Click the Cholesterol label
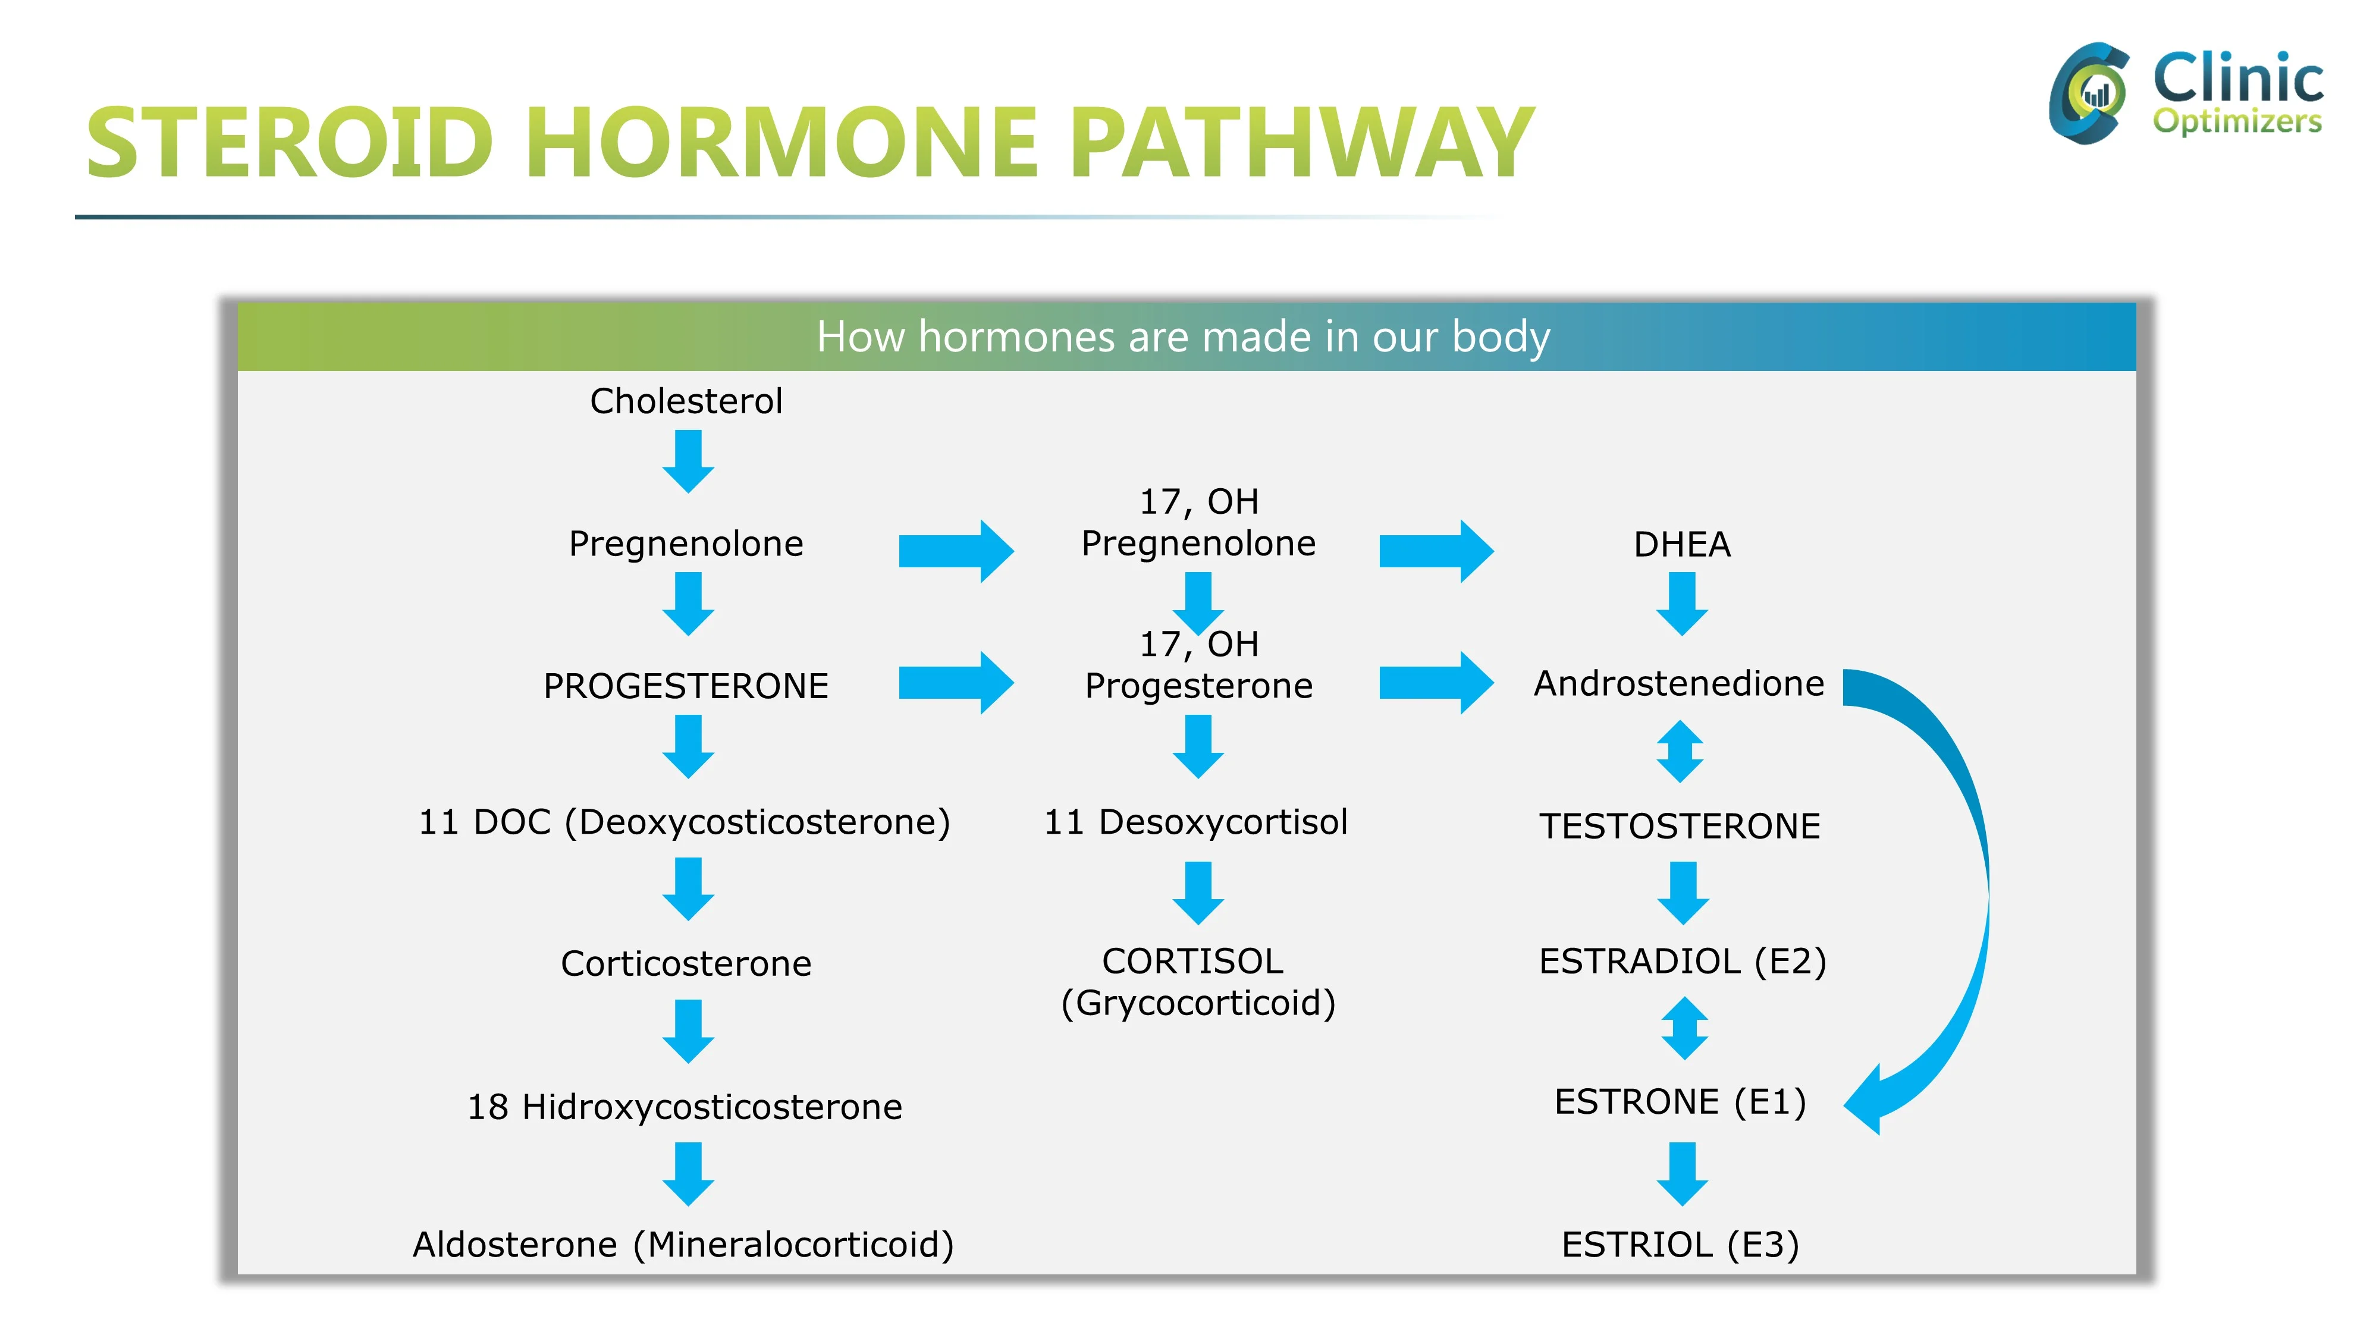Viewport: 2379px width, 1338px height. (686, 401)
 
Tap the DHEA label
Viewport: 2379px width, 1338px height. (1682, 545)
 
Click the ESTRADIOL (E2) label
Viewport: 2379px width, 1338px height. (1683, 961)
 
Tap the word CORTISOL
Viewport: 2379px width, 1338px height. (1192, 961)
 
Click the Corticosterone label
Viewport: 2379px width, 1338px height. (686, 964)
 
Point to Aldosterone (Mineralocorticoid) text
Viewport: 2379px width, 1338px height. (683, 1245)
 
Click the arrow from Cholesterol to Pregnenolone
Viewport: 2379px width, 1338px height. (688, 461)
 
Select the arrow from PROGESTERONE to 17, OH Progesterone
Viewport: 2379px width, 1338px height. (956, 683)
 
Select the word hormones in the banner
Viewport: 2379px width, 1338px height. (1016, 337)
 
